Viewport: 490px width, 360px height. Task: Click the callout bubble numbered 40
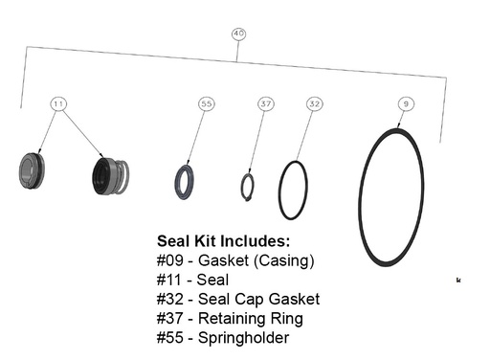point(239,34)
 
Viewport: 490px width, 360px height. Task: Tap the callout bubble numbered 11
point(58,103)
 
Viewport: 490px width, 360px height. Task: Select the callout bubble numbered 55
point(207,103)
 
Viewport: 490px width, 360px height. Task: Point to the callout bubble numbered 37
point(266,103)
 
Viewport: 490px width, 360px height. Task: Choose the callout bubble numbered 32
point(315,103)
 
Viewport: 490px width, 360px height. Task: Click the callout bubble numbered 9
point(406,103)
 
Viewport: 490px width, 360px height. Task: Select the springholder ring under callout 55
point(177,183)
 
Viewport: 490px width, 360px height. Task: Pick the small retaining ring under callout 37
point(242,188)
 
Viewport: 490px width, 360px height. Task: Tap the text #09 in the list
point(170,260)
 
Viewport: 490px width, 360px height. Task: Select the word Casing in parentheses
point(284,261)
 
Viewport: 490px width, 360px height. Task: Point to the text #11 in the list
point(169,280)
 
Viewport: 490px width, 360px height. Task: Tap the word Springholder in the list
point(243,338)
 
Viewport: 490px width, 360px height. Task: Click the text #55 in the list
point(170,338)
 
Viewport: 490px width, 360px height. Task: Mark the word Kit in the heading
point(204,241)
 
